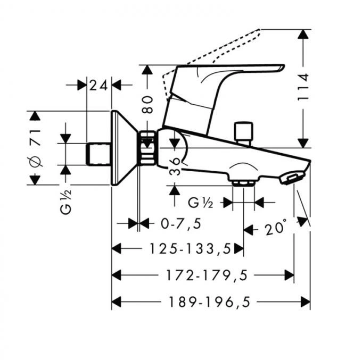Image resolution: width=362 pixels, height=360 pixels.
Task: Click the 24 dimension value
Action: (x=98, y=85)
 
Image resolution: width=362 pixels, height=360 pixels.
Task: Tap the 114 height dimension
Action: (x=303, y=87)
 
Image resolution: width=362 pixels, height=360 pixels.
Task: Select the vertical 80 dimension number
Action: (x=147, y=105)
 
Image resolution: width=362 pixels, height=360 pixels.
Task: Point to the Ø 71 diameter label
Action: (x=35, y=148)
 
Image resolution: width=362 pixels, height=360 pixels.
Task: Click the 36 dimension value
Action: (x=175, y=166)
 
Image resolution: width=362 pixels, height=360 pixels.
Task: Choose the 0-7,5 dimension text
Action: (x=181, y=224)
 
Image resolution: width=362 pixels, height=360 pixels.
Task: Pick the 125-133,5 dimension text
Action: (x=191, y=249)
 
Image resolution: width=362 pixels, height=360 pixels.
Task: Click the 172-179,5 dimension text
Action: (x=207, y=275)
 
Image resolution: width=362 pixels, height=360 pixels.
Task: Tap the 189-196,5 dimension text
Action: (x=210, y=302)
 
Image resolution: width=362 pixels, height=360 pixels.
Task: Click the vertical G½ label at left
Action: (x=66, y=202)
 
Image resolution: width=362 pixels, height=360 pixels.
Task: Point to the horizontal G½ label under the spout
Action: (x=200, y=203)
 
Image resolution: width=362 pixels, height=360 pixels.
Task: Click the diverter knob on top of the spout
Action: (x=243, y=133)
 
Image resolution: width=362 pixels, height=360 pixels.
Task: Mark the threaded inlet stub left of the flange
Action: (x=98, y=154)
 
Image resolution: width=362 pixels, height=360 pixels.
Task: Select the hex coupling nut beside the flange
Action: (x=148, y=148)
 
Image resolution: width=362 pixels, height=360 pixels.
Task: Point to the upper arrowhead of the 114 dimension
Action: (x=303, y=34)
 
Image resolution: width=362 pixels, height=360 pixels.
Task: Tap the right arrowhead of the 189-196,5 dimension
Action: (x=306, y=302)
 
